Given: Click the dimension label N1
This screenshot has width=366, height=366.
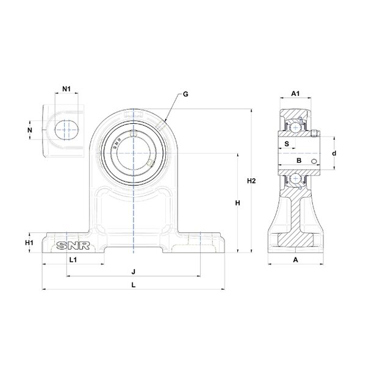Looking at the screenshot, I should (x=67, y=89).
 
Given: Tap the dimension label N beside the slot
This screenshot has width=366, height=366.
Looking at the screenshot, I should (x=30, y=130).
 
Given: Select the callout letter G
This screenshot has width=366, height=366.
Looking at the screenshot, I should (x=185, y=95).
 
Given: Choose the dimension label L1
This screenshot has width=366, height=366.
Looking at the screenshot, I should (x=72, y=260).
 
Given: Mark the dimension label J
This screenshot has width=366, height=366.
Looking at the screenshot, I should (x=132, y=271).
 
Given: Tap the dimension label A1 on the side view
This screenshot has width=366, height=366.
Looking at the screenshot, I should (x=295, y=93).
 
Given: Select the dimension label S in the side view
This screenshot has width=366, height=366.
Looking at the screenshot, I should (x=286, y=144).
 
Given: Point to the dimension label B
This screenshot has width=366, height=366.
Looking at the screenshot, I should (x=298, y=160).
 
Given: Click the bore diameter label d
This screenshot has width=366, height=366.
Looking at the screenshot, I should (x=334, y=154).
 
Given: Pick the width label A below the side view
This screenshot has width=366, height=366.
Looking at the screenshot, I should (x=295, y=260).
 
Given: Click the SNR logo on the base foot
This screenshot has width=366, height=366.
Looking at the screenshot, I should (x=73, y=246).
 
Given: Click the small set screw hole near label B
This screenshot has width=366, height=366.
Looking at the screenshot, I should (x=314, y=161).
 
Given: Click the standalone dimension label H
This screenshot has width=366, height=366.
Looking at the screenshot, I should (x=238, y=203).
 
